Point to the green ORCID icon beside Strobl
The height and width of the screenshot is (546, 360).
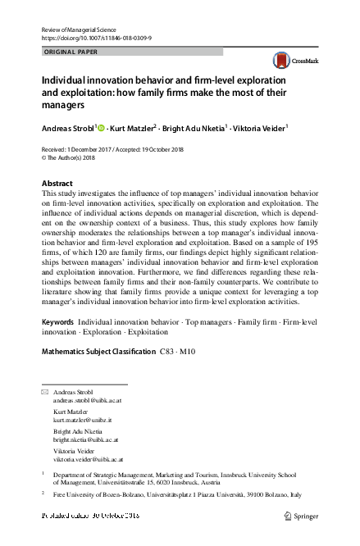pyautogui.click(x=103, y=127)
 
